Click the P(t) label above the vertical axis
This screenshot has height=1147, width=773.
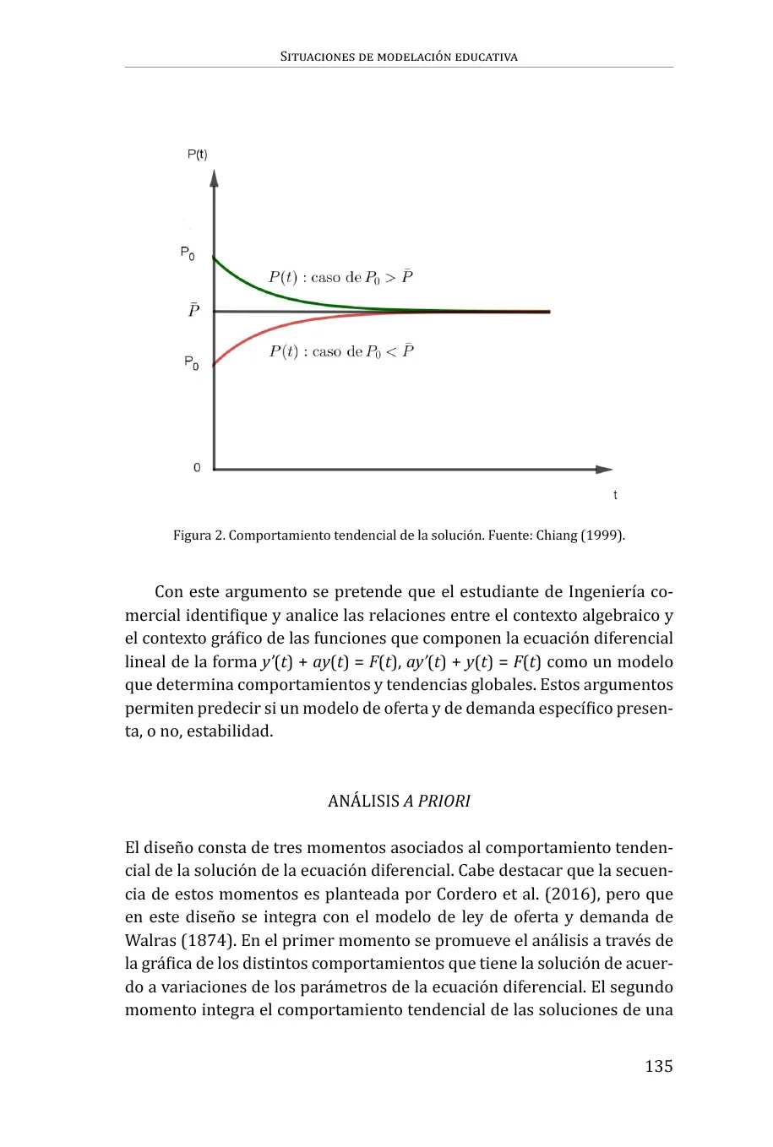197,155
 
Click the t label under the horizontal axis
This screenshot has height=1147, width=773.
615,495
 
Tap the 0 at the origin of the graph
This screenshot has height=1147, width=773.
197,467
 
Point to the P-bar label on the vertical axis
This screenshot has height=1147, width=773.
193,310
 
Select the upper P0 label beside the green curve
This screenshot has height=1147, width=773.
188,253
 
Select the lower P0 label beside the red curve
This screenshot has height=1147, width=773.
192,362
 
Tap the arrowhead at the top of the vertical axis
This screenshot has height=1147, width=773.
215,178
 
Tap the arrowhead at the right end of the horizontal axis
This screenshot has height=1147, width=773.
604,469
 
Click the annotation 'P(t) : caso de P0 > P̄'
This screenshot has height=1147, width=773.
340,277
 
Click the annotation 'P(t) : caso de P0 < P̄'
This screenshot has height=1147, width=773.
341,351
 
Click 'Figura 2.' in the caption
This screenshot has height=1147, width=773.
199,535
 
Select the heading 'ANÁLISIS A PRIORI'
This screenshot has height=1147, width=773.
399,801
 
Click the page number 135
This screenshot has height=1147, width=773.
659,1066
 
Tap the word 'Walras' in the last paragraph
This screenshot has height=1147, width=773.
150,940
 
